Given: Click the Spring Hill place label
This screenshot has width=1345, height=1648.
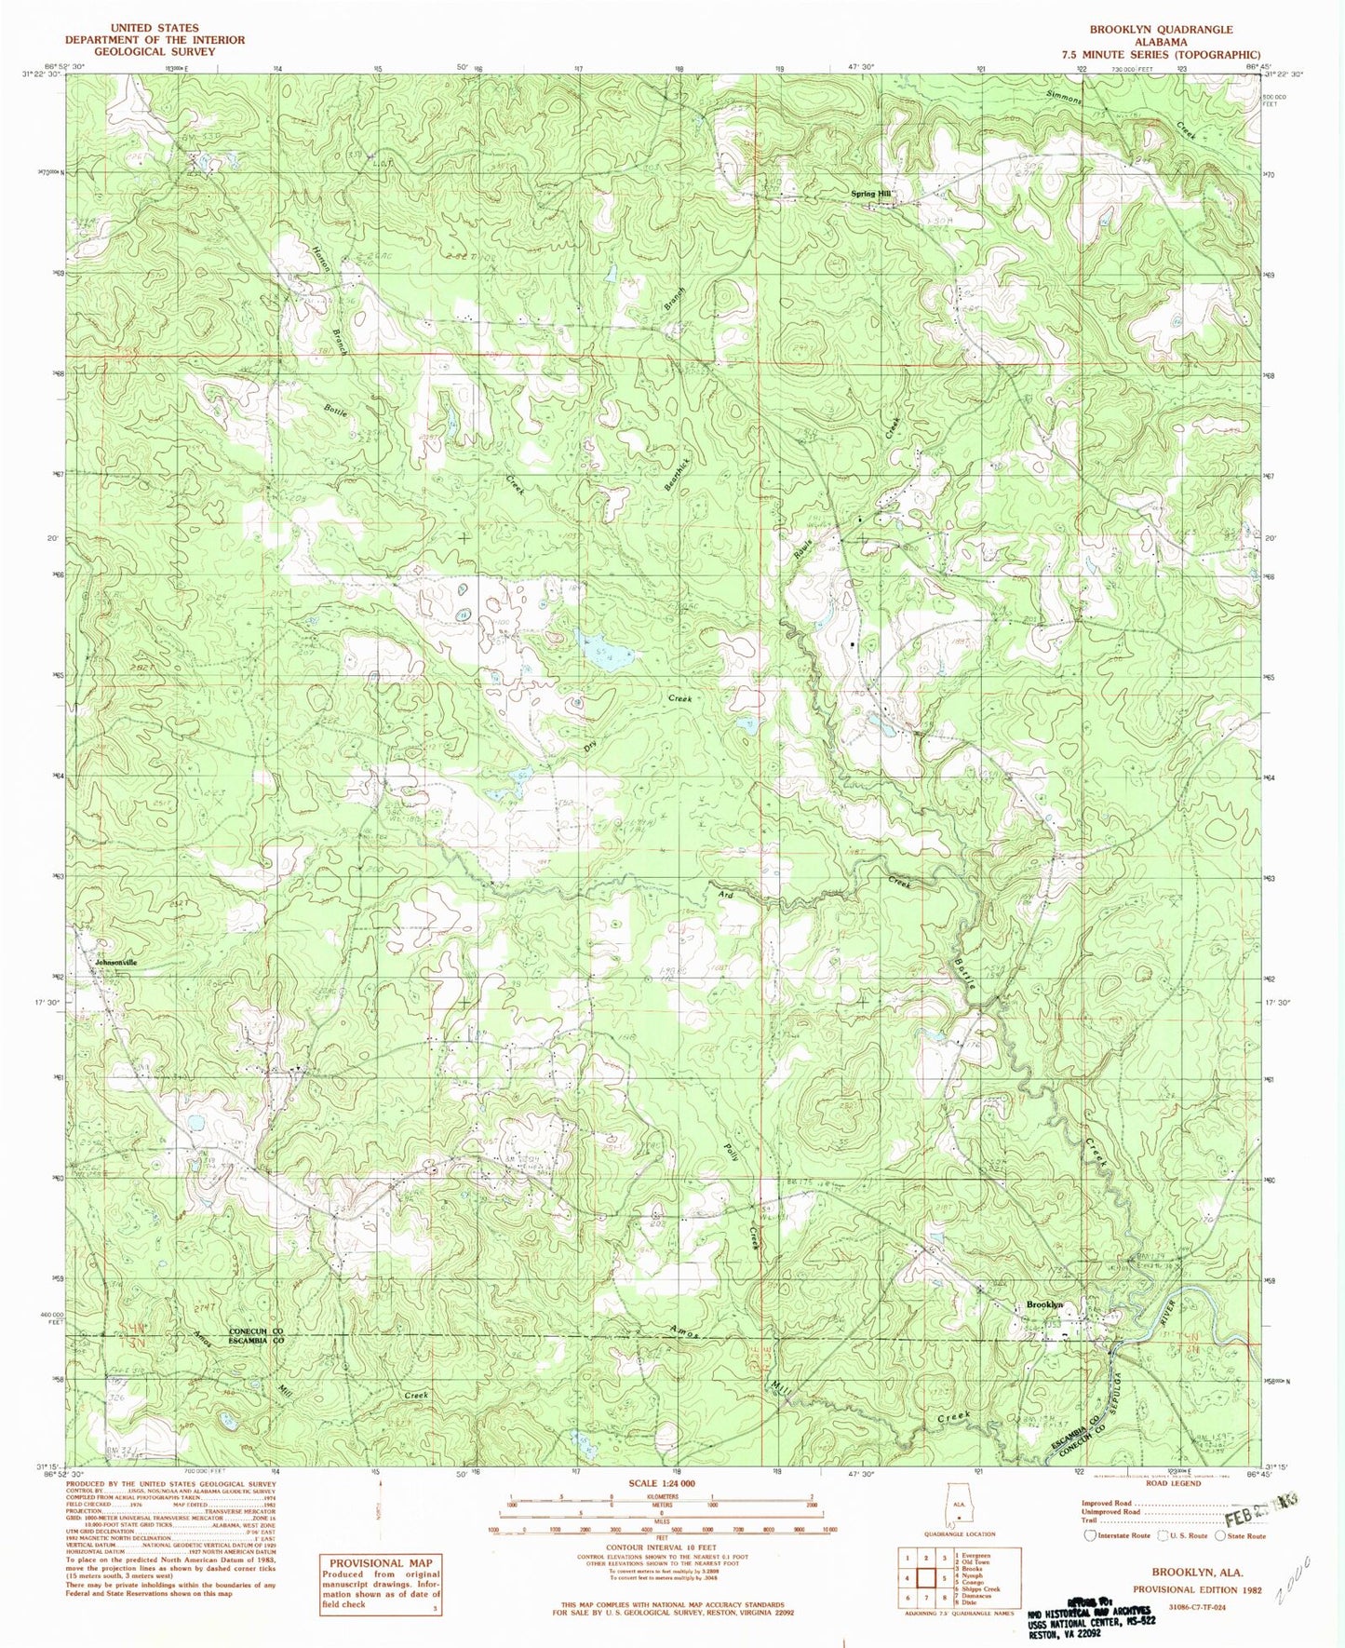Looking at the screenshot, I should (871, 194).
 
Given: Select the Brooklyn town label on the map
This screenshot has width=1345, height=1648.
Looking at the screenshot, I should (1043, 1304).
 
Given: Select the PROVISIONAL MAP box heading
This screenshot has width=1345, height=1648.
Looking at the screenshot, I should (380, 1563).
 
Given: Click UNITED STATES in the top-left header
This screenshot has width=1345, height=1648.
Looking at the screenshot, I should (155, 29).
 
